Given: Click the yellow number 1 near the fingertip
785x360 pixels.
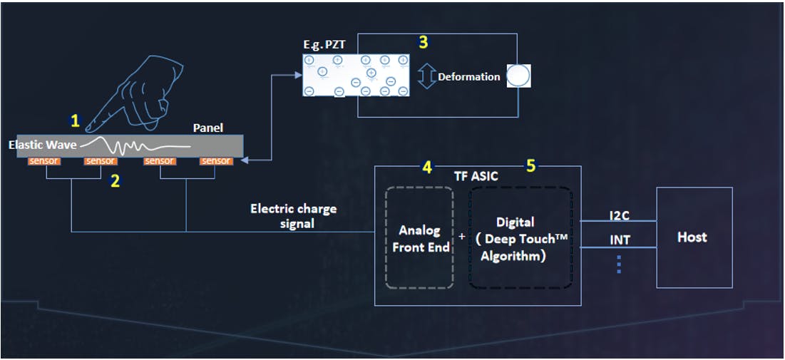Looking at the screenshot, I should coord(75,121).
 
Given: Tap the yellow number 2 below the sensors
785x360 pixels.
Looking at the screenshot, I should coord(114,181).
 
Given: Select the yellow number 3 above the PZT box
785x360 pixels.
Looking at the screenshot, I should coord(423,42).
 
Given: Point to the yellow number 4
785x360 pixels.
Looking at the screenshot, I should coord(426,167).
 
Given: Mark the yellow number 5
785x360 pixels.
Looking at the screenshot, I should coord(530,166).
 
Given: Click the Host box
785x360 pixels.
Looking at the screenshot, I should coord(694,237).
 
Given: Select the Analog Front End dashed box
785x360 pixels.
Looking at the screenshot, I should coord(419,238).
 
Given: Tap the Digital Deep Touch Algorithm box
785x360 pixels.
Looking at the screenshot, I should coord(520,238).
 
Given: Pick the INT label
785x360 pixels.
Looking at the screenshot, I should coord(619,240).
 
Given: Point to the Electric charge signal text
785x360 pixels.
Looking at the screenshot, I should coord(293,216).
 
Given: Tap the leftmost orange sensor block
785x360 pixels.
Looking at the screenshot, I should coord(44,161).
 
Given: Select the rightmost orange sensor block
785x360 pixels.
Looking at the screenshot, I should coord(215,161).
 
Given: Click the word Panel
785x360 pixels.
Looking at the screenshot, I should coord(208,128).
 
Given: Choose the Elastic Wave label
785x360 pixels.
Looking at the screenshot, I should coord(42,145).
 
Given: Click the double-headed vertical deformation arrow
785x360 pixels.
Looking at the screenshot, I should coord(426,77).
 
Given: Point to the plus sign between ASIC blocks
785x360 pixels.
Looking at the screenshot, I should coord(461,235).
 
